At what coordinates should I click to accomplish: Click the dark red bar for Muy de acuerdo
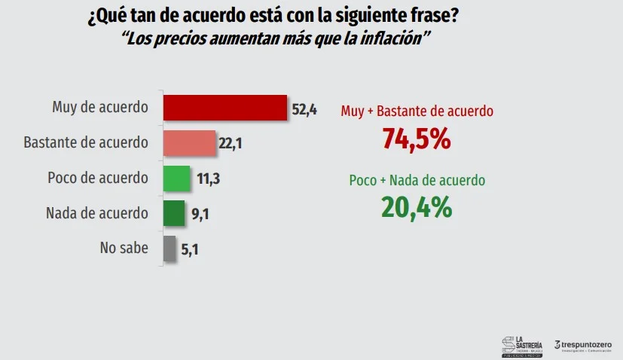225,108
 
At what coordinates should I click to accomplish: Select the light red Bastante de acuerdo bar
190,143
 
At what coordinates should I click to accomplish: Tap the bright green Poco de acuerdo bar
177,178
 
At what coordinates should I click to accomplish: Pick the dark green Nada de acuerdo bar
174,214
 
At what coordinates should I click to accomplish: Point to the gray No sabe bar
169,249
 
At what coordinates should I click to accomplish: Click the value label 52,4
304,110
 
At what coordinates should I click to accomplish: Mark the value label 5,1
189,251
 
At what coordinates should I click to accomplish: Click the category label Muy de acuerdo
100,107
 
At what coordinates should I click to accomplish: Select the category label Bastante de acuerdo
86,142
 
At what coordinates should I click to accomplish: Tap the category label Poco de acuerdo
98,178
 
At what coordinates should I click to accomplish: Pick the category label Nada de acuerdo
97,213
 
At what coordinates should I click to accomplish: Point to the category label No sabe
124,248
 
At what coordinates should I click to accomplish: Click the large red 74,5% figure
416,139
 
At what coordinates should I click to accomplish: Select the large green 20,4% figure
417,207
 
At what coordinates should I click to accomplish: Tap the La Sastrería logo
521,344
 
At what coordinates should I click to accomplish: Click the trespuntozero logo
583,345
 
